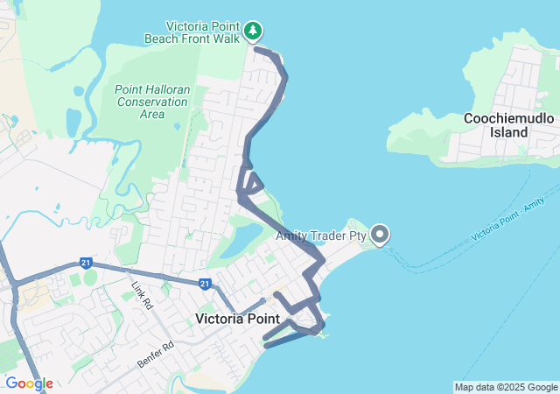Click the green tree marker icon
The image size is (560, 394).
click(x=253, y=32)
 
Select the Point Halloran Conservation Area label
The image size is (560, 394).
click(x=151, y=101)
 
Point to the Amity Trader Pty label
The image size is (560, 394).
click(x=321, y=236)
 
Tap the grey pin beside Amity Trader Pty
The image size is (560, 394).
click(x=380, y=234)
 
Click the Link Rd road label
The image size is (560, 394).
click(x=142, y=296)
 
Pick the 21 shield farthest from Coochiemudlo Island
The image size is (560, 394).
click(x=85, y=262)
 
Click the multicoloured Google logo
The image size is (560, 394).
click(x=29, y=383)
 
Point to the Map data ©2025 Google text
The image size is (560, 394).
click(x=505, y=387)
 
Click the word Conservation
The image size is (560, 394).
click(x=151, y=102)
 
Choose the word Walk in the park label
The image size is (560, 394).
click(x=225, y=39)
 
